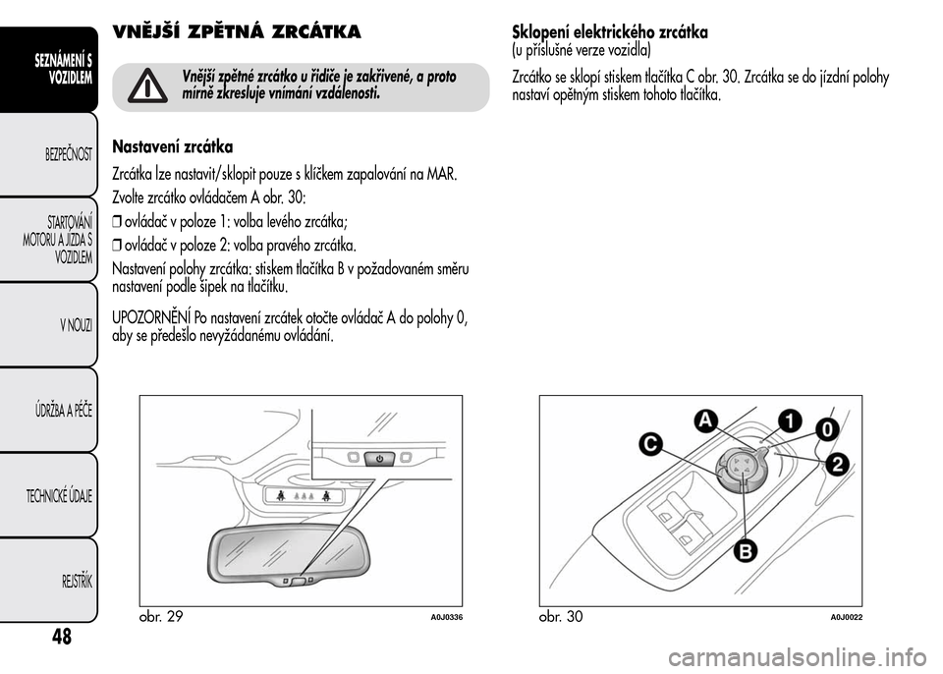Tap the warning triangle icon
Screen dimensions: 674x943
coord(148,86)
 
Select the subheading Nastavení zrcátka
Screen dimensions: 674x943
coord(173,147)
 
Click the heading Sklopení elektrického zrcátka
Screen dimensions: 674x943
coord(610,32)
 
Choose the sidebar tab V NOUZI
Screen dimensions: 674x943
coord(74,324)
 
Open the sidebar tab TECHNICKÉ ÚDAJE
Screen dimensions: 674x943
coord(59,494)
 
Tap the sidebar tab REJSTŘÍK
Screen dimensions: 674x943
coord(75,580)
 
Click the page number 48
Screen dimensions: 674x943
coord(60,636)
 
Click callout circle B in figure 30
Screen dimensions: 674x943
coord(745,550)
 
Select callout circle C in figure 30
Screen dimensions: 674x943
coord(649,444)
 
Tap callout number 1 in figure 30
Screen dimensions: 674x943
coord(789,420)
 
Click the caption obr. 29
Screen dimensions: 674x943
coord(162,617)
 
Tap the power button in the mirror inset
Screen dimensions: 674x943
coord(379,458)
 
